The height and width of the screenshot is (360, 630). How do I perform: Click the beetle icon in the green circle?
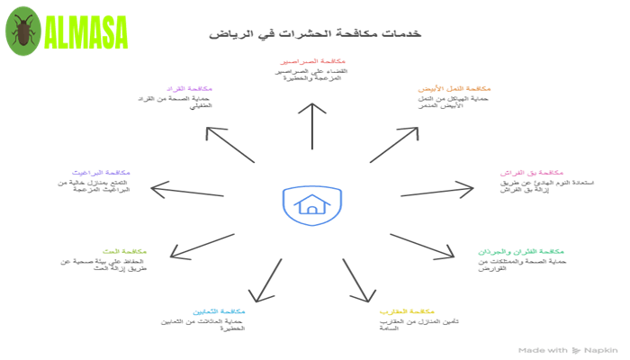(22, 31)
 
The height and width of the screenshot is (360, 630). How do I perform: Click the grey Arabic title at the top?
(315, 33)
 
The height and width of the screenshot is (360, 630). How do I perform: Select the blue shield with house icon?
(311, 205)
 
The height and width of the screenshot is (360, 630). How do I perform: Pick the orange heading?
(454, 89)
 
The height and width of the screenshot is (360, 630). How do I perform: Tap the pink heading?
(532, 172)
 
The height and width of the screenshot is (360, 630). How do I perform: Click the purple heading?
(188, 89)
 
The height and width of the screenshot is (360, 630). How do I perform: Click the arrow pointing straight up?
(312, 125)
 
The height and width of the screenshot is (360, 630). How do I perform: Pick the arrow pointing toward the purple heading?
(230, 144)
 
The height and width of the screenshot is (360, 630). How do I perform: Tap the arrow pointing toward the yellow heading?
(357, 280)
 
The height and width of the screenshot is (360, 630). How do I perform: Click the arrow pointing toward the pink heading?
(436, 190)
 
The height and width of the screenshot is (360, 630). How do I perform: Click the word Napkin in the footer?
(600, 349)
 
